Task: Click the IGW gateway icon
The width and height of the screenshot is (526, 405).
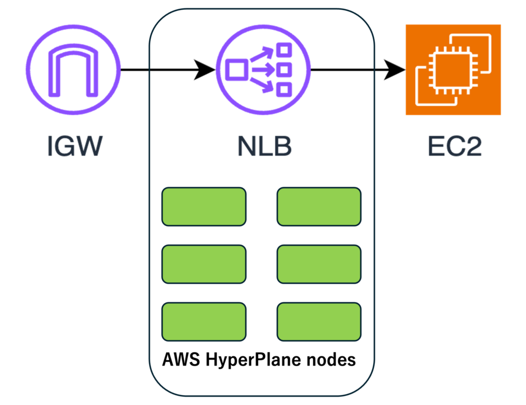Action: click(x=73, y=70)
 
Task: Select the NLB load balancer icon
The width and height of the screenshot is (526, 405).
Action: click(x=263, y=70)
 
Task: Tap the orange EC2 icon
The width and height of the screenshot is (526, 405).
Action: click(x=453, y=70)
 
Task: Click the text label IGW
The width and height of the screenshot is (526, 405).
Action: click(x=75, y=146)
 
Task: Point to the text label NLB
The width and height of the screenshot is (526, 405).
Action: click(x=264, y=146)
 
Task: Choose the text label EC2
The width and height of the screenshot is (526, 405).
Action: click(x=454, y=146)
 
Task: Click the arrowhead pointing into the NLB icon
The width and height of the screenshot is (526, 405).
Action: click(x=204, y=70)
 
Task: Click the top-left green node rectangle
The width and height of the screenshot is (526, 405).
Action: click(x=204, y=207)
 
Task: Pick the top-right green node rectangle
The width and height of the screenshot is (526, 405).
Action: click(x=319, y=207)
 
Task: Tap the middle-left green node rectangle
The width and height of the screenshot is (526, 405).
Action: click(x=204, y=264)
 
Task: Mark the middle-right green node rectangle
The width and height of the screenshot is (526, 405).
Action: click(x=319, y=264)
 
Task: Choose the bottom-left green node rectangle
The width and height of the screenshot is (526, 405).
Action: click(x=204, y=322)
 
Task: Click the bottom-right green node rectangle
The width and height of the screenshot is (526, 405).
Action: click(x=319, y=322)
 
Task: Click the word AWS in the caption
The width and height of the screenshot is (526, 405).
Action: click(x=181, y=359)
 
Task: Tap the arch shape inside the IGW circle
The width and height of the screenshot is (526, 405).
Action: click(x=73, y=71)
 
